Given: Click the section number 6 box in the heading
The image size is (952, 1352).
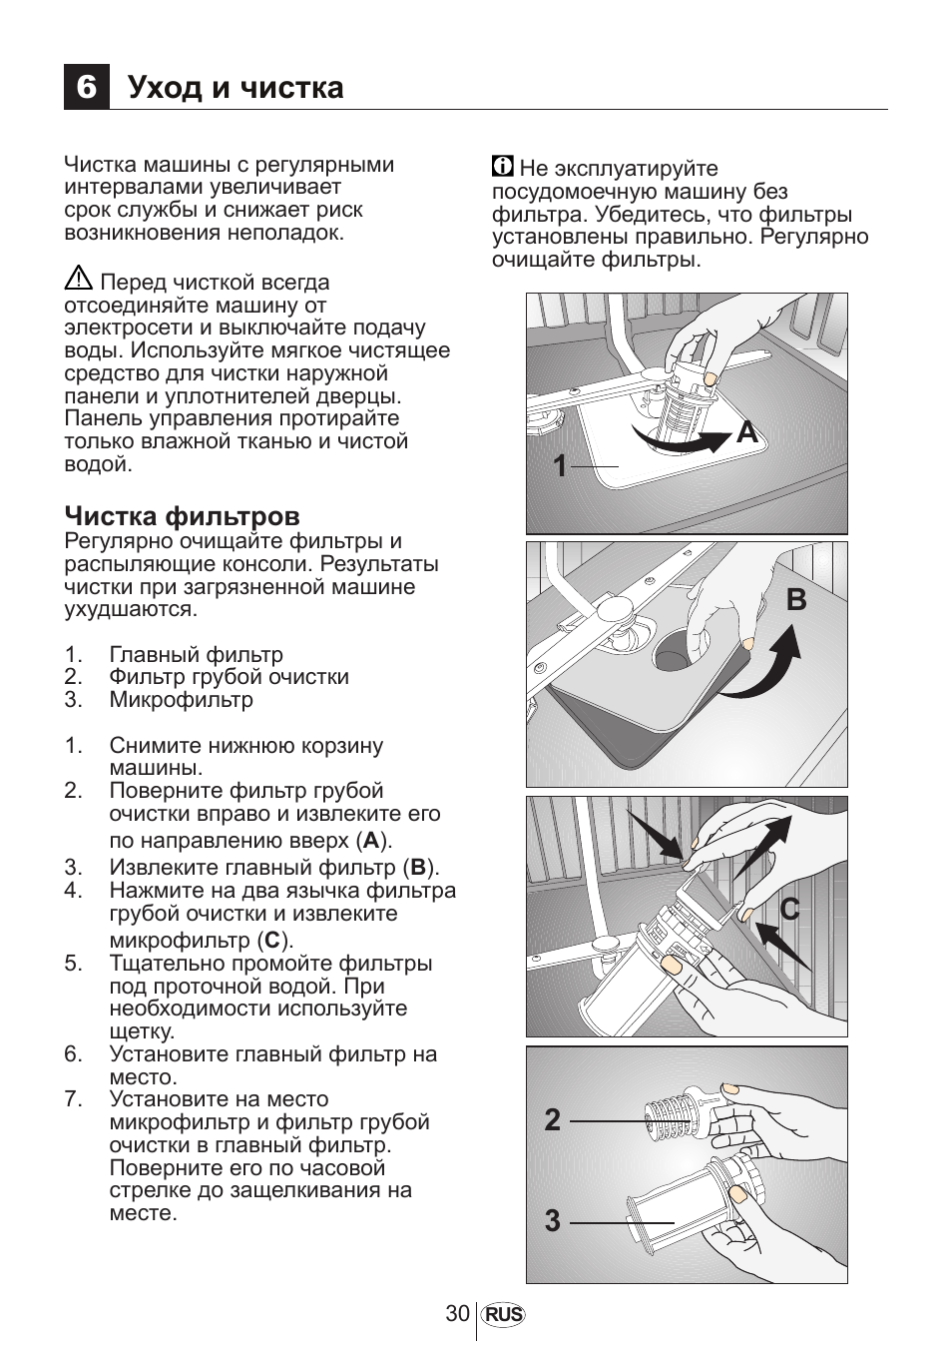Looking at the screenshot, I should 87,88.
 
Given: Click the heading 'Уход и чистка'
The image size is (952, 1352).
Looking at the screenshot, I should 236,88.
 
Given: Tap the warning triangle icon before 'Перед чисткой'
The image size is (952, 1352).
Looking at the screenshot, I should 79,281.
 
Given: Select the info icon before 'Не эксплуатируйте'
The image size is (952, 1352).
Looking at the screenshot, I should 503,167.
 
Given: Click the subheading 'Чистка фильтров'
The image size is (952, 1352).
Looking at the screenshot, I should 182,516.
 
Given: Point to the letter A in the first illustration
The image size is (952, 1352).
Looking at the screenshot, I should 747,432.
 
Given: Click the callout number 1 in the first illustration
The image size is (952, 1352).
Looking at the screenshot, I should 560,466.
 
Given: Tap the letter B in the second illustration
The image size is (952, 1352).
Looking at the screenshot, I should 795,599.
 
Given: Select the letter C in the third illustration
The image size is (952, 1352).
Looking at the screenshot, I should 790,910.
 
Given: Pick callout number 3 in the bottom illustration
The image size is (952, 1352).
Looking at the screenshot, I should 553,1221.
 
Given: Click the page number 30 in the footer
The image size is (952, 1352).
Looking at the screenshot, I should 458,1314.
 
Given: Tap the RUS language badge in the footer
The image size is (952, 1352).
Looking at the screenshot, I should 503,1315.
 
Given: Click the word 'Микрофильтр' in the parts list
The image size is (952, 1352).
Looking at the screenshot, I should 181,700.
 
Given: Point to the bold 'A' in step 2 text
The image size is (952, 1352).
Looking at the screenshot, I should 371,841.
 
